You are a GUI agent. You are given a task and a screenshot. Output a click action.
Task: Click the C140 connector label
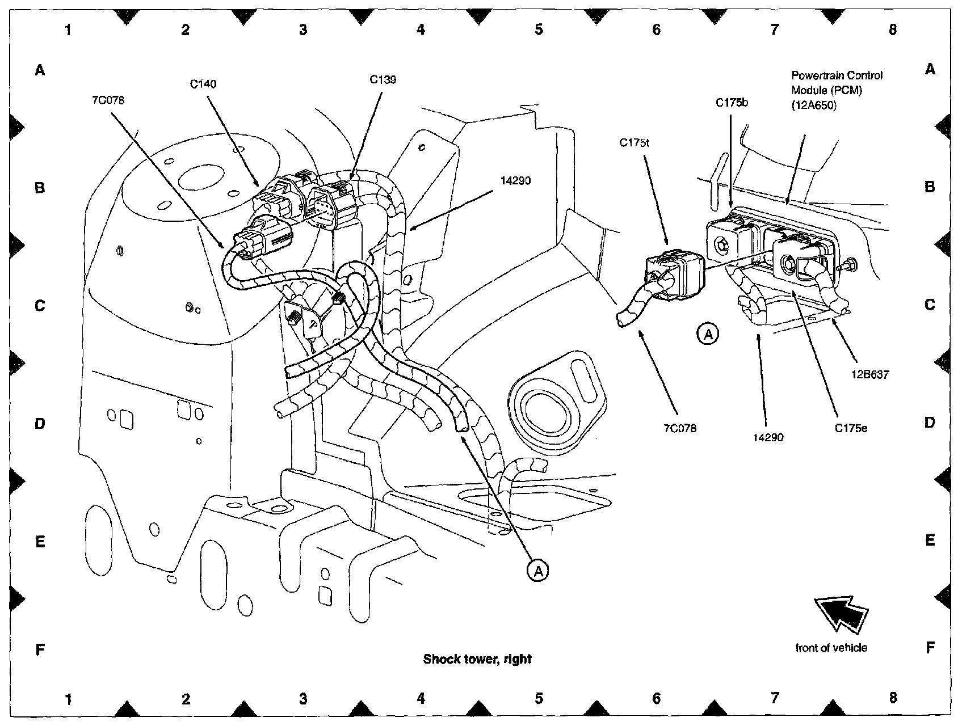(x=203, y=85)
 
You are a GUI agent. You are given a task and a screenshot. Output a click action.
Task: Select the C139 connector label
(x=383, y=80)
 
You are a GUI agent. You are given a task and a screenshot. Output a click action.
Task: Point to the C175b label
(x=732, y=103)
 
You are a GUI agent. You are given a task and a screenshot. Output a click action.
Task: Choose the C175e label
(x=851, y=429)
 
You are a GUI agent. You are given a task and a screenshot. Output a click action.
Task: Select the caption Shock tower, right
(x=477, y=659)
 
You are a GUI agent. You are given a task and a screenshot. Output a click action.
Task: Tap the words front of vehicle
(x=831, y=648)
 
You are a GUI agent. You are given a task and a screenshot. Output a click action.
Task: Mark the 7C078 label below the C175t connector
(x=679, y=429)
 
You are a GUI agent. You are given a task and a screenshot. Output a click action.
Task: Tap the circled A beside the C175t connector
(x=708, y=334)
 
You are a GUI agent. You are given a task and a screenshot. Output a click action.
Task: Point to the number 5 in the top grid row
(x=539, y=29)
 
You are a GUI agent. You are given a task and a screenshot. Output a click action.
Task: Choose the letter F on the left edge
(x=40, y=649)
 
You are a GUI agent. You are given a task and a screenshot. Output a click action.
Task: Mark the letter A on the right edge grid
(x=930, y=69)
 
